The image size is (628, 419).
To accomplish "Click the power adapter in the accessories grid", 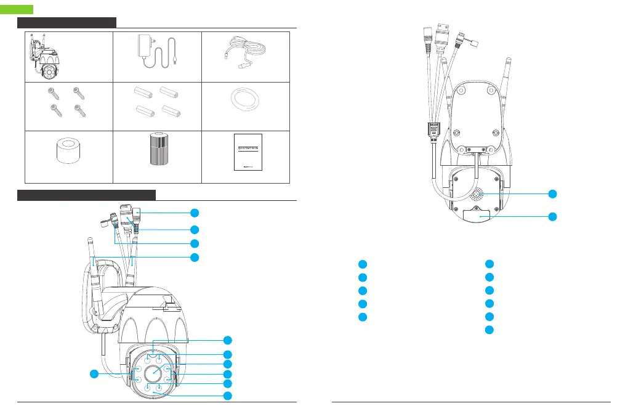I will click(x=151, y=49).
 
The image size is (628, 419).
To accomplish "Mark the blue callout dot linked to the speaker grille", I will click(x=553, y=193).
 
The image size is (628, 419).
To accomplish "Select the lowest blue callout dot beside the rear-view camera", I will click(x=553, y=217).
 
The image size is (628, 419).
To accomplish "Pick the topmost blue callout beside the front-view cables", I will click(x=195, y=213).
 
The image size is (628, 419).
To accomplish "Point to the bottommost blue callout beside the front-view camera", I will click(x=228, y=395).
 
